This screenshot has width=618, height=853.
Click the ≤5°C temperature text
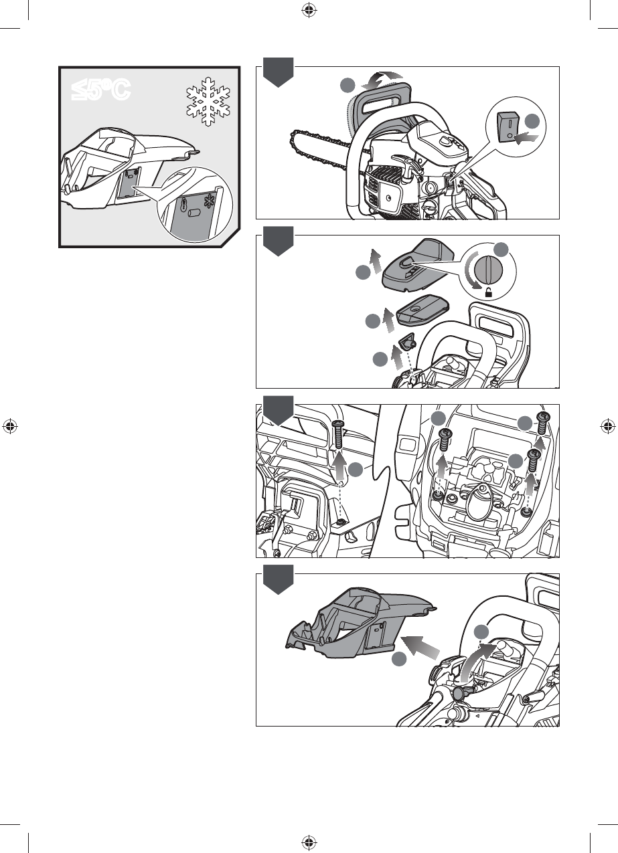click(x=101, y=90)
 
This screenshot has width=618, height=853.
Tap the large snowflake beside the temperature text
click(x=208, y=101)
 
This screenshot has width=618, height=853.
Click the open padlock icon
click(x=489, y=292)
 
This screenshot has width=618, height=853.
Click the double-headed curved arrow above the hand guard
click(x=381, y=80)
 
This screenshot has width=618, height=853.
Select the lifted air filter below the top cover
click(x=423, y=312)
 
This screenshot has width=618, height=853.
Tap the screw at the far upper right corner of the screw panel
click(x=542, y=423)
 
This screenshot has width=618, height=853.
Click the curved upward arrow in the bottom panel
click(x=475, y=663)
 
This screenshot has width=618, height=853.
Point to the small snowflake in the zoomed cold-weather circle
click(x=209, y=201)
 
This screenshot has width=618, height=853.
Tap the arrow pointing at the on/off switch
click(x=526, y=139)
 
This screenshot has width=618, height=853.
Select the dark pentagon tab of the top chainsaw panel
click(x=278, y=72)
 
